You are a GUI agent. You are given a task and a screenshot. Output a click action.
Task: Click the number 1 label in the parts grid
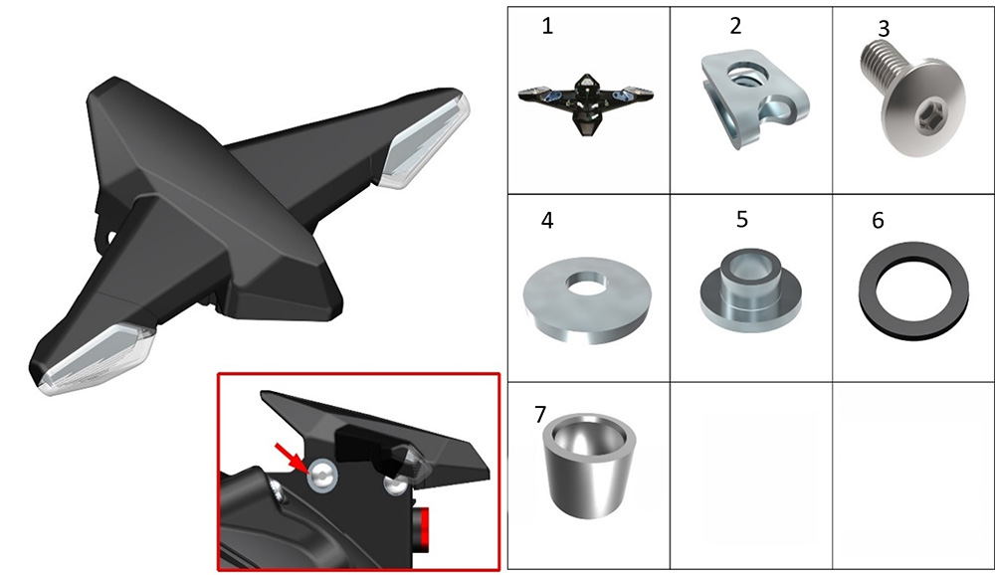point(547,26)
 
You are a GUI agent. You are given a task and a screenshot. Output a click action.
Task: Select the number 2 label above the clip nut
point(735,26)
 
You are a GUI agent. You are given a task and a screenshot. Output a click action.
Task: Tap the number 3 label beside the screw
point(884,29)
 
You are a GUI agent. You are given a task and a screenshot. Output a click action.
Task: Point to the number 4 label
point(547,220)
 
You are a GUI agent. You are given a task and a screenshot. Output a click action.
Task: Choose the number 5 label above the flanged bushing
point(742,219)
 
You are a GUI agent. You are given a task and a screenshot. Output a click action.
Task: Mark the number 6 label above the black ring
point(879,220)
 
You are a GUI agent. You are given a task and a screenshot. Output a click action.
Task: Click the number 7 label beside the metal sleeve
point(540,415)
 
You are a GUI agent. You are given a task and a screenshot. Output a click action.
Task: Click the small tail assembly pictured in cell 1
point(586,102)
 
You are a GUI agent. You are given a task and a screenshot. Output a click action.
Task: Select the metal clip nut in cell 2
point(755,100)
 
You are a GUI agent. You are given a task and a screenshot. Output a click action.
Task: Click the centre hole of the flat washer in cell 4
point(587,284)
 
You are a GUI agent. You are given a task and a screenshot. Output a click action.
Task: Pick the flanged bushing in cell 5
point(750,289)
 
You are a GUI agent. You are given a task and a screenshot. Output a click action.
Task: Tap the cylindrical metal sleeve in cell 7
point(589,465)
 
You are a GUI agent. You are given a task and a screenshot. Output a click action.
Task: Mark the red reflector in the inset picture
point(421,528)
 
